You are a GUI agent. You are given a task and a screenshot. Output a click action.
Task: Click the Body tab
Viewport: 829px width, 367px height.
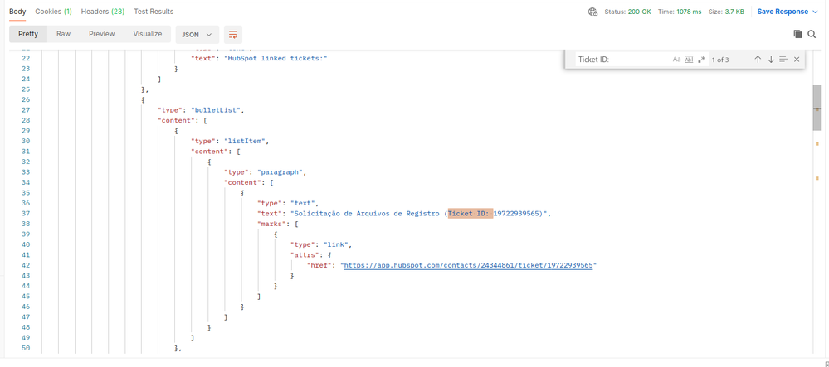[x=17, y=12]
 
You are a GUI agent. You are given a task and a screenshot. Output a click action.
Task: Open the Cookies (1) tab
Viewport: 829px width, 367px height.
[x=53, y=12]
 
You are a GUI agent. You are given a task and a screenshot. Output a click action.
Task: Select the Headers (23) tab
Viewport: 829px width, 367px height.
[x=103, y=12]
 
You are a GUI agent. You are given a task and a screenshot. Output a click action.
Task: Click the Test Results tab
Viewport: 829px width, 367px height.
[x=154, y=12]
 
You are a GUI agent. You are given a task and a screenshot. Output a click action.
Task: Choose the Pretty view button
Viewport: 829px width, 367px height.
[x=28, y=34]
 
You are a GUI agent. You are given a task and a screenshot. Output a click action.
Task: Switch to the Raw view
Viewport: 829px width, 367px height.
[x=63, y=34]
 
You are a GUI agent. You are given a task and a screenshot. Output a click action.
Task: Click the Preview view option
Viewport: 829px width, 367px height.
[x=101, y=34]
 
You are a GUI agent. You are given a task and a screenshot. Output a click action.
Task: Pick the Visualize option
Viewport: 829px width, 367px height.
[x=148, y=34]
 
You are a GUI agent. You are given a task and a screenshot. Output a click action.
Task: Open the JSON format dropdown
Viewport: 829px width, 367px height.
[x=197, y=34]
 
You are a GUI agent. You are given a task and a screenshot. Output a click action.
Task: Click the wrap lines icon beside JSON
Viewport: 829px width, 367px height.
[x=233, y=34]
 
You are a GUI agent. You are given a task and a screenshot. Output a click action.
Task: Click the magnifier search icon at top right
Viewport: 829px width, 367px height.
[x=812, y=34]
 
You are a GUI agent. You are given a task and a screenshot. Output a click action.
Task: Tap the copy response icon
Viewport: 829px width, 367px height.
[x=797, y=34]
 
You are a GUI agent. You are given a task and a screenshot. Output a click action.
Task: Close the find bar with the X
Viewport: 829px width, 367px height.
[x=797, y=60]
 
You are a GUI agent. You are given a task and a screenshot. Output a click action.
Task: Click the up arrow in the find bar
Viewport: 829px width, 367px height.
[x=758, y=60]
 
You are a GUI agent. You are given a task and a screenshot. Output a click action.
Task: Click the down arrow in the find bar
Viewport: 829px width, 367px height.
[x=770, y=60]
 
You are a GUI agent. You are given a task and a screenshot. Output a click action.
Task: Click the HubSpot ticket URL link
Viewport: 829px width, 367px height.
[x=468, y=265]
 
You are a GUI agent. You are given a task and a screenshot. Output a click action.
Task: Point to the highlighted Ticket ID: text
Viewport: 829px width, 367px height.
[x=470, y=214]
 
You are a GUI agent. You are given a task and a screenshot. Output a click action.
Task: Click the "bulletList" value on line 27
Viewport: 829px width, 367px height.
[x=217, y=110]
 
